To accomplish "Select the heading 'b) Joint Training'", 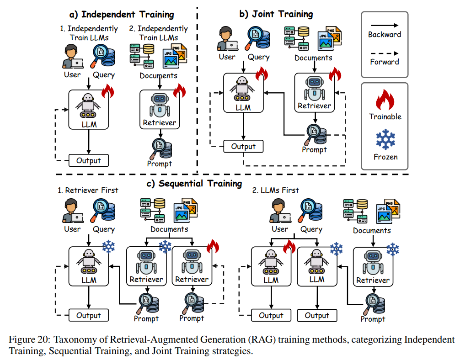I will tap(276, 14).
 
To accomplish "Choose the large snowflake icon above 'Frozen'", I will tap(385, 140).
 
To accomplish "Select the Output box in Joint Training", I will tap(243, 147).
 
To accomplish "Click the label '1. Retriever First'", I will tap(88, 190).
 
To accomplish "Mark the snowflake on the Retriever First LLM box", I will tap(109, 247).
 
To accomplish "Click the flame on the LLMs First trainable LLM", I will tap(289, 247).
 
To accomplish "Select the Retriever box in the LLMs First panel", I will tap(373, 268).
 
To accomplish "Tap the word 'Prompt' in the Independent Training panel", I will tap(159, 164).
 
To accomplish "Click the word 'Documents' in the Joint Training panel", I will tap(313, 58).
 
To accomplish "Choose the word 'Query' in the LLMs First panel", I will tap(311, 229).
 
